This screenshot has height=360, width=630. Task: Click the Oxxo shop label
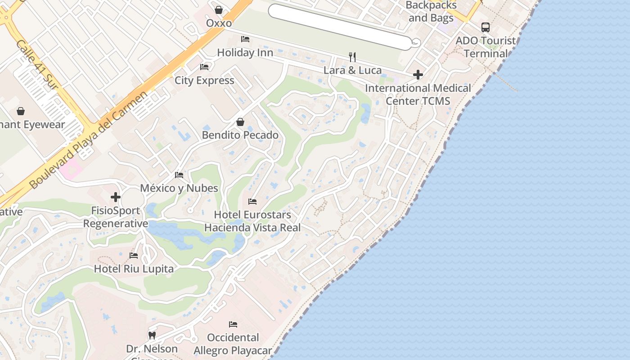pos(219,23)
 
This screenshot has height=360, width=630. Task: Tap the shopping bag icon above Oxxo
pos(219,9)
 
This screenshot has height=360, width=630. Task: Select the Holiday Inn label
pos(245,53)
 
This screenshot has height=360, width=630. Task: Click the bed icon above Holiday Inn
pos(245,39)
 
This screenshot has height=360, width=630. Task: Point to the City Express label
pos(204,81)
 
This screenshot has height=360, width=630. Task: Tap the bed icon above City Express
pos(204,67)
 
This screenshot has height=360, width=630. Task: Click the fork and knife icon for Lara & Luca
pos(352,57)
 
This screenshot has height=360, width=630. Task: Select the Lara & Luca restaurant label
pos(352,70)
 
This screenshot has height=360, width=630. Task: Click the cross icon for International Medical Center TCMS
pos(418,75)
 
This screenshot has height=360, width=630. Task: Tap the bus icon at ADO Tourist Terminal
pos(486,27)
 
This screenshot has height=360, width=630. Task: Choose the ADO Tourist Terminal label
pos(486,47)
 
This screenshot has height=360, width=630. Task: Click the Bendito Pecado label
pos(240,135)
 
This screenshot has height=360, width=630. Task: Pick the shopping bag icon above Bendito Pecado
pos(240,122)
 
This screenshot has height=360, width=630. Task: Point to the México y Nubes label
pos(179,188)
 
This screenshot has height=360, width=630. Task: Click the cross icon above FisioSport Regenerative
pos(116,197)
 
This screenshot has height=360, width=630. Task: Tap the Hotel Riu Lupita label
pos(134,269)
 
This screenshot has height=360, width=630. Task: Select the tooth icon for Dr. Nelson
pos(152,335)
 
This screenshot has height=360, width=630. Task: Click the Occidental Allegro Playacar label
pos(233,344)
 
